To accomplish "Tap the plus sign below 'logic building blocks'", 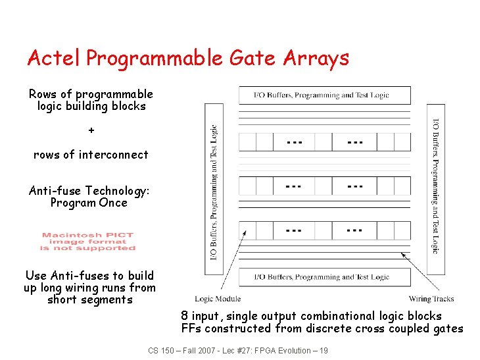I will (x=91, y=130).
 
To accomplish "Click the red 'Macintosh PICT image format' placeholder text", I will (x=88, y=242).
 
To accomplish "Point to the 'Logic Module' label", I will (x=218, y=299).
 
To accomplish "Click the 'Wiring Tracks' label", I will (x=431, y=299).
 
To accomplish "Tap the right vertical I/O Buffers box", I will (x=435, y=189).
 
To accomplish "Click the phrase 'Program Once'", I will (x=89, y=203).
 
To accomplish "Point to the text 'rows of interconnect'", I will (x=91, y=155).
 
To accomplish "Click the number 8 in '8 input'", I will (x=185, y=316).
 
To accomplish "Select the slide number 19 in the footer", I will (x=322, y=350).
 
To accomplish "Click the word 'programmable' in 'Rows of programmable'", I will (x=114, y=94).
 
